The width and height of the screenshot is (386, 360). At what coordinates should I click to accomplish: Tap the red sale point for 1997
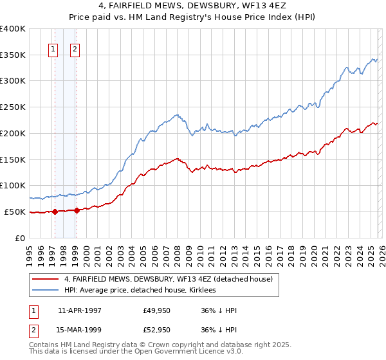[55, 211]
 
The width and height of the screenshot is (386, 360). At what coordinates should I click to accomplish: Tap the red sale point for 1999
[77, 210]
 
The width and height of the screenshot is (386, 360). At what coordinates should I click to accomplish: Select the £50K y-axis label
[15, 212]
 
